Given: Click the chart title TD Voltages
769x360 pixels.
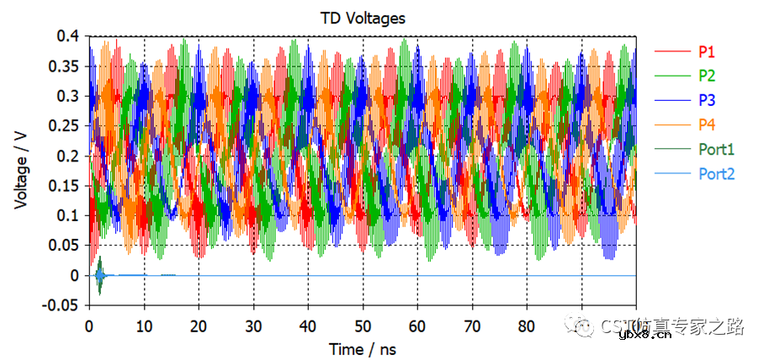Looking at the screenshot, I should (x=361, y=17).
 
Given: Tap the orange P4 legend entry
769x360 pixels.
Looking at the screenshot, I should (x=707, y=125).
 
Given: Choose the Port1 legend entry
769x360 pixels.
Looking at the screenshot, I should (x=716, y=150).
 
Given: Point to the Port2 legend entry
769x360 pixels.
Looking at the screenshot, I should (x=716, y=174).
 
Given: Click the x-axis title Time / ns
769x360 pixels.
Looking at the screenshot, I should (x=362, y=348).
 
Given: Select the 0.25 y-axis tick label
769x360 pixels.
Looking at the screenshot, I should (x=66, y=126).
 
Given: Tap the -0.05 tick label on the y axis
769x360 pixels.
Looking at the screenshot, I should (x=64, y=305).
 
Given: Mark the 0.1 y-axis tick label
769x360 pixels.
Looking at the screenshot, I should (x=70, y=215).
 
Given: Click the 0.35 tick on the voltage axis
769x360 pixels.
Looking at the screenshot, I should (x=66, y=66).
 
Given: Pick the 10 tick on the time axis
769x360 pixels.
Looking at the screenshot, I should (x=144, y=325).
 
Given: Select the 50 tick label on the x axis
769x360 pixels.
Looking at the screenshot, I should (x=363, y=325).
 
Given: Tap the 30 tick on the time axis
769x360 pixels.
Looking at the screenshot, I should (x=253, y=325).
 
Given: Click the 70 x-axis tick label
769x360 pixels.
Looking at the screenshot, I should (x=472, y=325).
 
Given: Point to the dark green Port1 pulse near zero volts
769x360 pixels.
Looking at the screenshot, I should (x=99, y=276).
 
